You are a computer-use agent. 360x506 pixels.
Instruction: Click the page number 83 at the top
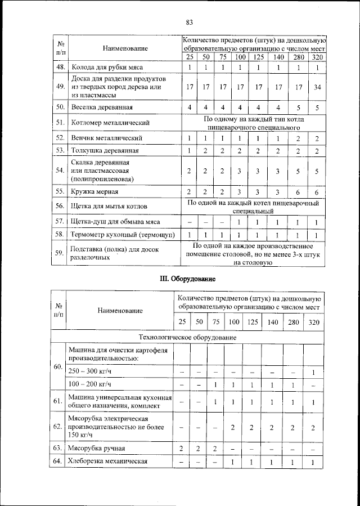point(189,23)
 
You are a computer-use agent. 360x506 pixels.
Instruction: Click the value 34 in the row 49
point(317,87)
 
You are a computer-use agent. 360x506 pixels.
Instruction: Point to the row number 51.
point(59,122)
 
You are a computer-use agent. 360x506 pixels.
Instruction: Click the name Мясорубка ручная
point(97,448)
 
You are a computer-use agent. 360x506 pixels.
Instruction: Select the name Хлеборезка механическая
point(107,462)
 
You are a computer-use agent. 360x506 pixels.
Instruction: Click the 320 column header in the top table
point(317,57)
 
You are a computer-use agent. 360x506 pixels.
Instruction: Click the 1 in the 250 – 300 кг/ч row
point(313,373)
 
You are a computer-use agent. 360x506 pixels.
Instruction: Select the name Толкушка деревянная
point(105,150)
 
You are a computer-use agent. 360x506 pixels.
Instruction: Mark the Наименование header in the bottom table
point(120,310)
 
